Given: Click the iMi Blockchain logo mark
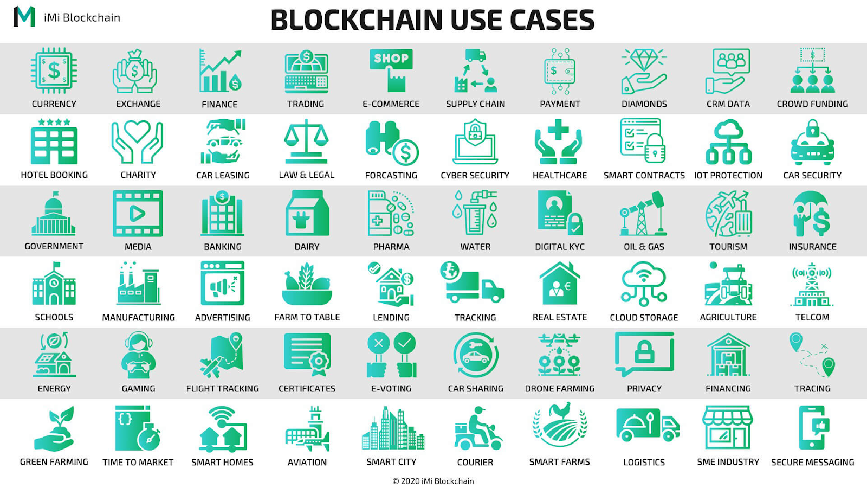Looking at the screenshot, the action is (24, 17).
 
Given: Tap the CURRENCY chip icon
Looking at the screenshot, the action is (54, 70).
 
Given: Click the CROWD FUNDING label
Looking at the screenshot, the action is (812, 104).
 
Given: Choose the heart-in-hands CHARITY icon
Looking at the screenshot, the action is (138, 142).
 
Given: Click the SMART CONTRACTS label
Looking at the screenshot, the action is (644, 175).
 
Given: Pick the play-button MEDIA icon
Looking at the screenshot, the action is (138, 214).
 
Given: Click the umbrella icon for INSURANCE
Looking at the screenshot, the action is (812, 214).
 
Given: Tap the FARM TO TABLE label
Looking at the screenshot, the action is (307, 317).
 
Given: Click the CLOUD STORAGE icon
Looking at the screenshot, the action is (644, 284).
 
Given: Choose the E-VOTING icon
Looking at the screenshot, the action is (391, 355).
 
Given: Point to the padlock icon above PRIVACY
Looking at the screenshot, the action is (644, 354).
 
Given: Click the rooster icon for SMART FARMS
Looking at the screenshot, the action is (560, 426).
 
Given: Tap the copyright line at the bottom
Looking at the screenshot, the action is (433, 481).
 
